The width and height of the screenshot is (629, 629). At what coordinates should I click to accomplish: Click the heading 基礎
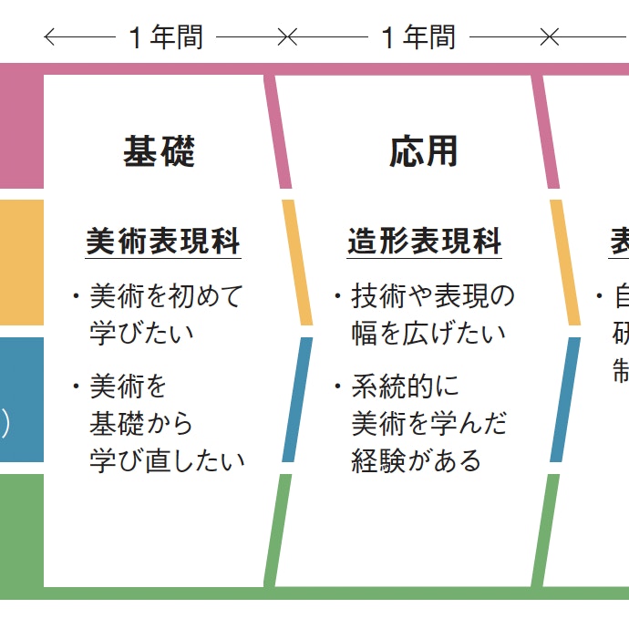click(x=160, y=151)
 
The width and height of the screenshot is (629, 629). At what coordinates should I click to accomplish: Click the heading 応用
click(x=424, y=151)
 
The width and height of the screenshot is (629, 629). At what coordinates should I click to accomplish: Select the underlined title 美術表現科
click(x=163, y=242)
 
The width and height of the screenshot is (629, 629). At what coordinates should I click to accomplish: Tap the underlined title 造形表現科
click(x=425, y=242)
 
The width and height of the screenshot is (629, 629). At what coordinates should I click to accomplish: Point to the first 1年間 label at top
click(x=165, y=37)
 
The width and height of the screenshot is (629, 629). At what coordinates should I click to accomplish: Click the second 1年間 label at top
click(x=418, y=37)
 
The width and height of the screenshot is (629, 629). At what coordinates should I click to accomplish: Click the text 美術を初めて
click(x=167, y=296)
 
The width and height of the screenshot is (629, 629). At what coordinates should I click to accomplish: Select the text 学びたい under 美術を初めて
click(x=142, y=332)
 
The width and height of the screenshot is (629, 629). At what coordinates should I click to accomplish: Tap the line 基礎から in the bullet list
click(x=141, y=424)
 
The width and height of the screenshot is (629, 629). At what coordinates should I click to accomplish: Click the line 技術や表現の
click(x=433, y=296)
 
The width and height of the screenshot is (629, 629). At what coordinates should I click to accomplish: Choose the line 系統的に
click(x=407, y=387)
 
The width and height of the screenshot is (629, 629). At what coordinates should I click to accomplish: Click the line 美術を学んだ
click(x=429, y=424)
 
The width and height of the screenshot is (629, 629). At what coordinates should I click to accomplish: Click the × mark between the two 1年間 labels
click(x=287, y=37)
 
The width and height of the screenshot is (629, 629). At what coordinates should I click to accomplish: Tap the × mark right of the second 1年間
click(x=549, y=37)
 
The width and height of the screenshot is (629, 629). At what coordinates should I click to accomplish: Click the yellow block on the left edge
click(x=21, y=263)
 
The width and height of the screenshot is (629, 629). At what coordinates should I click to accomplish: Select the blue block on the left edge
click(x=21, y=399)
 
